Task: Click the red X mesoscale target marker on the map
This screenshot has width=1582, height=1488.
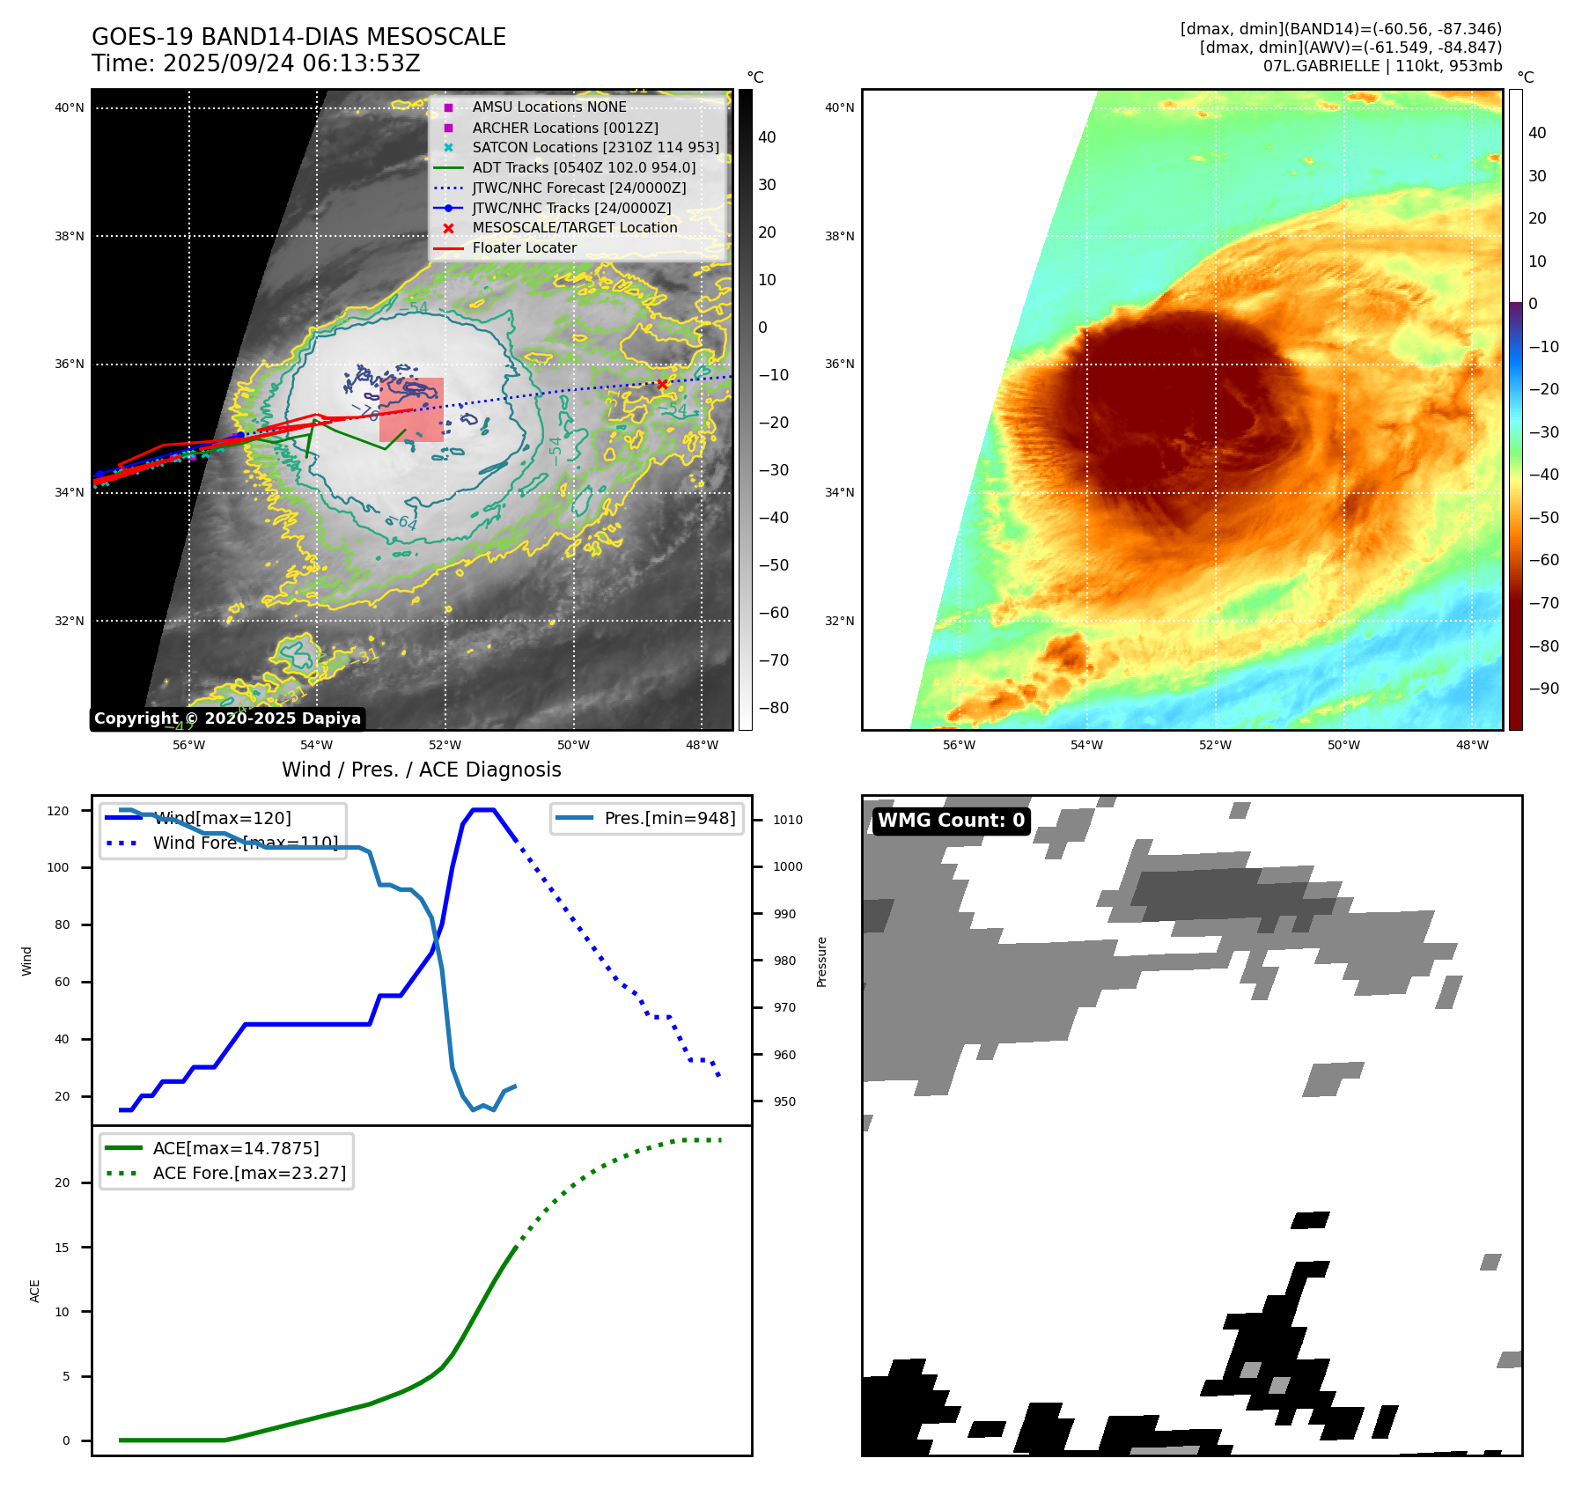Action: [662, 384]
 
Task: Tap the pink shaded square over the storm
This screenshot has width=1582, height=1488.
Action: [411, 409]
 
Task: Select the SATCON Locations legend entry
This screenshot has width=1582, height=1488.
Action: [595, 147]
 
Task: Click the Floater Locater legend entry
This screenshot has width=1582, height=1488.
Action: [524, 247]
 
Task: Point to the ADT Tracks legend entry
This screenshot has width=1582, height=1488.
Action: [584, 167]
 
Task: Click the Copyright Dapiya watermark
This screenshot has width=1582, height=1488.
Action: [227, 718]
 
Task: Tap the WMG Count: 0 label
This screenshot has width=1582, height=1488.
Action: [951, 821]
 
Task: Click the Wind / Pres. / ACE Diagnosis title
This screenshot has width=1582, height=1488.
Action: [421, 770]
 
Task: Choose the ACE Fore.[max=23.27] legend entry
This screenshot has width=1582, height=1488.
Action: [249, 1173]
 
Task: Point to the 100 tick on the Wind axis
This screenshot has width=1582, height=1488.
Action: [58, 867]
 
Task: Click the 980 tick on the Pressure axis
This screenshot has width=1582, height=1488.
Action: [784, 961]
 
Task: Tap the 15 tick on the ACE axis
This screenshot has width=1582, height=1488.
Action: [62, 1247]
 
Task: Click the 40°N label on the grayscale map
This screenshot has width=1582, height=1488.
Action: [70, 108]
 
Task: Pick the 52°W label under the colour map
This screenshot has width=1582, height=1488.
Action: [1215, 745]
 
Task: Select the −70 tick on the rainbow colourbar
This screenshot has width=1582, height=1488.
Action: [1543, 603]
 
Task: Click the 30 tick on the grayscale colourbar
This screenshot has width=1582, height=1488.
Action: [767, 185]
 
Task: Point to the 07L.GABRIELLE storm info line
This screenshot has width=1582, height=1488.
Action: [1382, 66]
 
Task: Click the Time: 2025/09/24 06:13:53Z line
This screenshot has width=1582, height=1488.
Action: [256, 63]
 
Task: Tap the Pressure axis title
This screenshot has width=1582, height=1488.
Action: [821, 961]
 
